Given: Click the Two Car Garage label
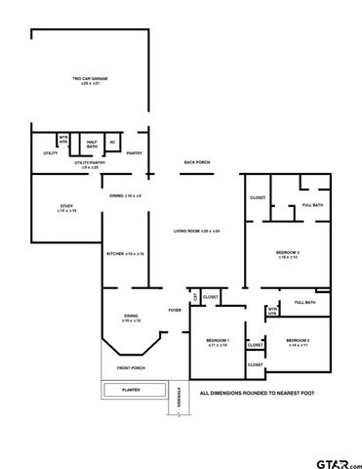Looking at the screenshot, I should (x=89, y=81).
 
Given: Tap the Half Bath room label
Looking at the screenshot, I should (x=91, y=144).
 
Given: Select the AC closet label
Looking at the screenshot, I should (x=112, y=144).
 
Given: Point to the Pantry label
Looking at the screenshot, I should (x=135, y=152).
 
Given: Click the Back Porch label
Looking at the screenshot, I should (x=199, y=161).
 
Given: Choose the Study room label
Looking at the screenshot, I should (x=66, y=208).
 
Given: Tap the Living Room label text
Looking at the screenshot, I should (x=197, y=231).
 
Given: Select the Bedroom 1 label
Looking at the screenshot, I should (x=217, y=343).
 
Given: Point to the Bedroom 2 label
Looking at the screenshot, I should (x=298, y=342).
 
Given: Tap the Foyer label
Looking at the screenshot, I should (x=175, y=310).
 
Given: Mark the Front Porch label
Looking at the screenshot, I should (x=132, y=368).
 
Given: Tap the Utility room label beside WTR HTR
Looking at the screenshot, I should (x=50, y=152).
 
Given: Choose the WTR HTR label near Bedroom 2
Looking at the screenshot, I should (x=273, y=312).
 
